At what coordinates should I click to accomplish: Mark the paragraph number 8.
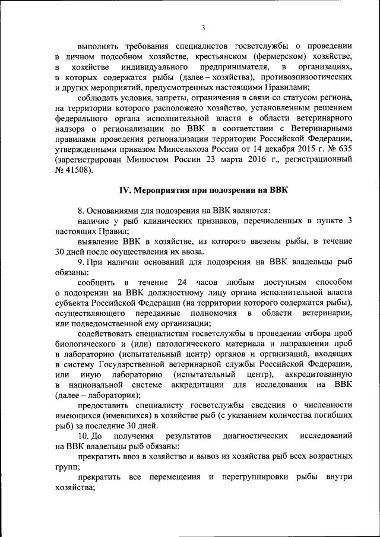click(81, 210)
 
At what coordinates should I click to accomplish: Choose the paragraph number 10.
click(84, 436)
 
